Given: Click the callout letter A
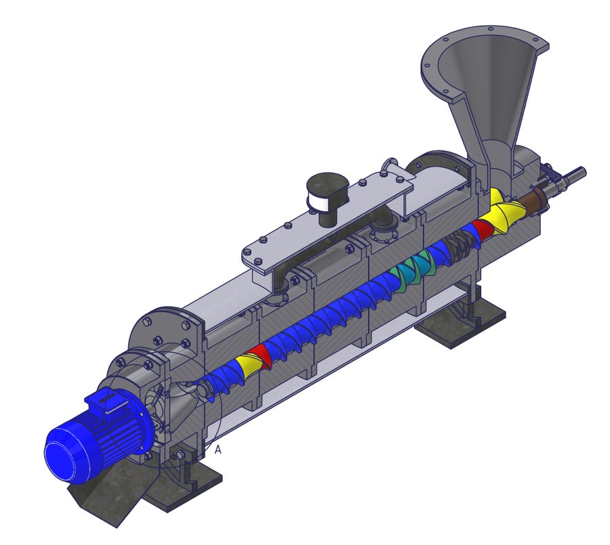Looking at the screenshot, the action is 218,450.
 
